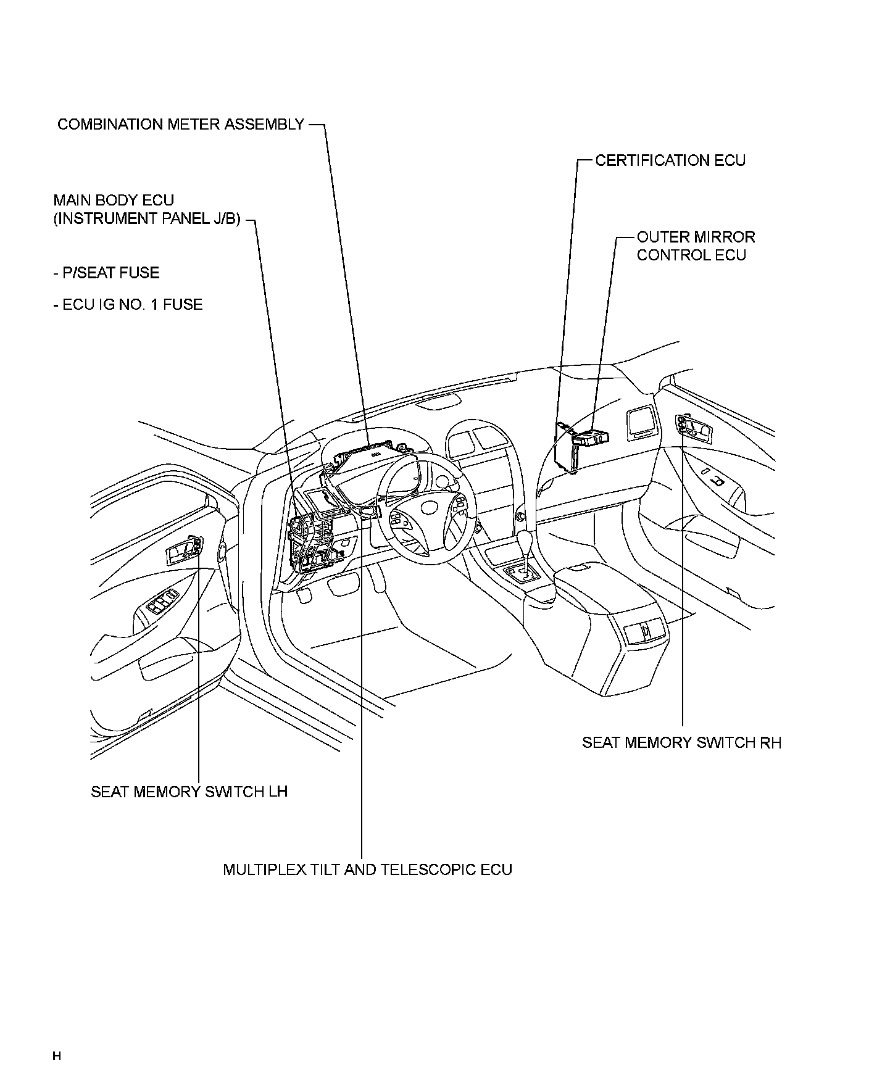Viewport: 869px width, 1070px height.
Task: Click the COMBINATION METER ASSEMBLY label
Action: pos(180,125)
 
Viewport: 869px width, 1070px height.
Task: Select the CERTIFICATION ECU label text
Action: pos(670,161)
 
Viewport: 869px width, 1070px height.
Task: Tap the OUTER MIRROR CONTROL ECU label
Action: pos(696,246)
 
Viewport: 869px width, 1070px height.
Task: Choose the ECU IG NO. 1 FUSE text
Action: pos(128,304)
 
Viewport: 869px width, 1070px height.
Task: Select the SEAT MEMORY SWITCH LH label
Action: pos(189,792)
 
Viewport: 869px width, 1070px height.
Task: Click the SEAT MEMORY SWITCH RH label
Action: pos(681,742)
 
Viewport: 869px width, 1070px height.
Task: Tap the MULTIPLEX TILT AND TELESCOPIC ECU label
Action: pos(367,869)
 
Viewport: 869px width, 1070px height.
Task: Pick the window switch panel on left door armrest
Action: pos(162,600)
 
